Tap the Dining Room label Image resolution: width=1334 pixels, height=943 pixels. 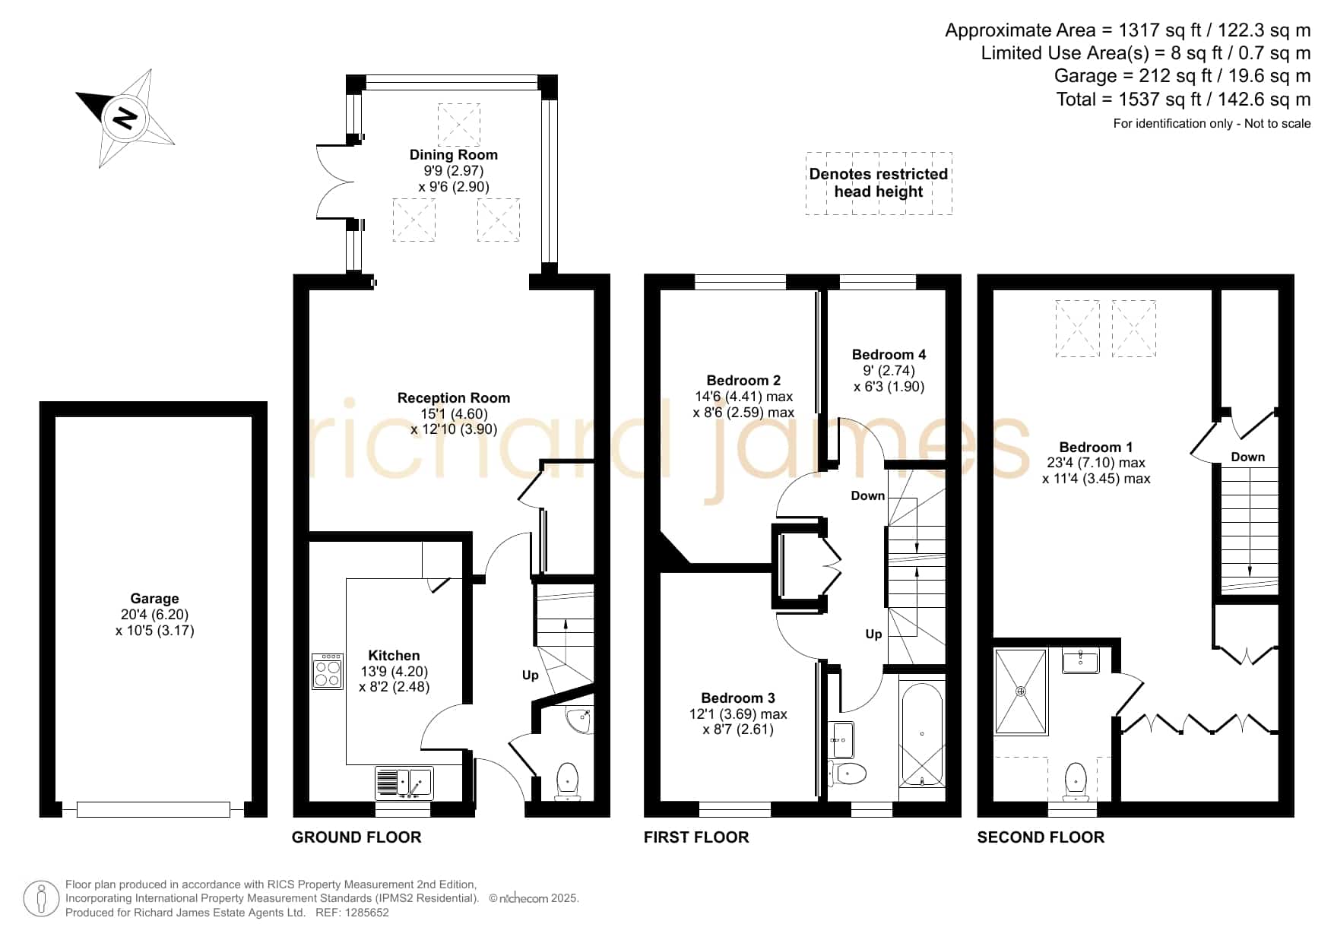454,155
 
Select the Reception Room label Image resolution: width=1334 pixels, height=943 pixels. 454,397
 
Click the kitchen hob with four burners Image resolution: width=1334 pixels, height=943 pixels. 328,671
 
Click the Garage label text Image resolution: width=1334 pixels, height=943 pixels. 154,599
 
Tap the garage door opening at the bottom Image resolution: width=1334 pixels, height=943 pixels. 154,810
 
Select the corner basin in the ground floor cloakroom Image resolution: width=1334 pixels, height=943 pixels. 581,720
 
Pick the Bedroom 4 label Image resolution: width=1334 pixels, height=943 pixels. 889,354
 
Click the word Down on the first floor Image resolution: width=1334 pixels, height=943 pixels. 868,495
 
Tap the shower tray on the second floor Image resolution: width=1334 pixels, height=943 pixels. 1021,691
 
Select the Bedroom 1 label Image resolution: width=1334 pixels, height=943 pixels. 1096,447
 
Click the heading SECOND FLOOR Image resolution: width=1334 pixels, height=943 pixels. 1041,837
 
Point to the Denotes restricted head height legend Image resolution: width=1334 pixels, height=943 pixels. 879,183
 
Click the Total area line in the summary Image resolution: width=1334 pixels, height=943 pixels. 1183,100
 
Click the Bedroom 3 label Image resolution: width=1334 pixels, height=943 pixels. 738,698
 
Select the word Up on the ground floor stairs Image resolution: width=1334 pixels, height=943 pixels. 530,675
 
